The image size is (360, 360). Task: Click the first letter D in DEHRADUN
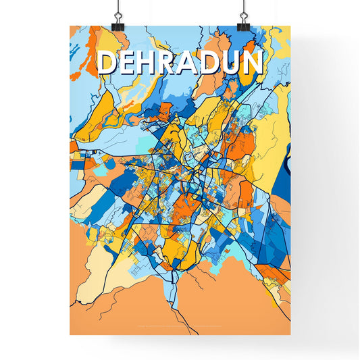(x=107, y=63)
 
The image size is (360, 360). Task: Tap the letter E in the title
(x=128, y=63)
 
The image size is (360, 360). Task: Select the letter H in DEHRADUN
(x=149, y=63)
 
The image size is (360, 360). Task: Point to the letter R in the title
(x=170, y=63)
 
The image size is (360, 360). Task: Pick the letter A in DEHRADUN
(x=190, y=63)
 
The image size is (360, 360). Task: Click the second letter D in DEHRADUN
(x=211, y=63)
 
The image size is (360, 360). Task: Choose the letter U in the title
(x=232, y=63)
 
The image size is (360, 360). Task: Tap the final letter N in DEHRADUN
(x=253, y=63)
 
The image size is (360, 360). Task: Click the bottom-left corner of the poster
(x=70, y=335)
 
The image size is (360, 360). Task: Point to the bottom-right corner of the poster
(x=290, y=335)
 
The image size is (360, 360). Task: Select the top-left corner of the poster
(x=70, y=26)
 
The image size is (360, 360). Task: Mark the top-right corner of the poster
(x=290, y=26)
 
